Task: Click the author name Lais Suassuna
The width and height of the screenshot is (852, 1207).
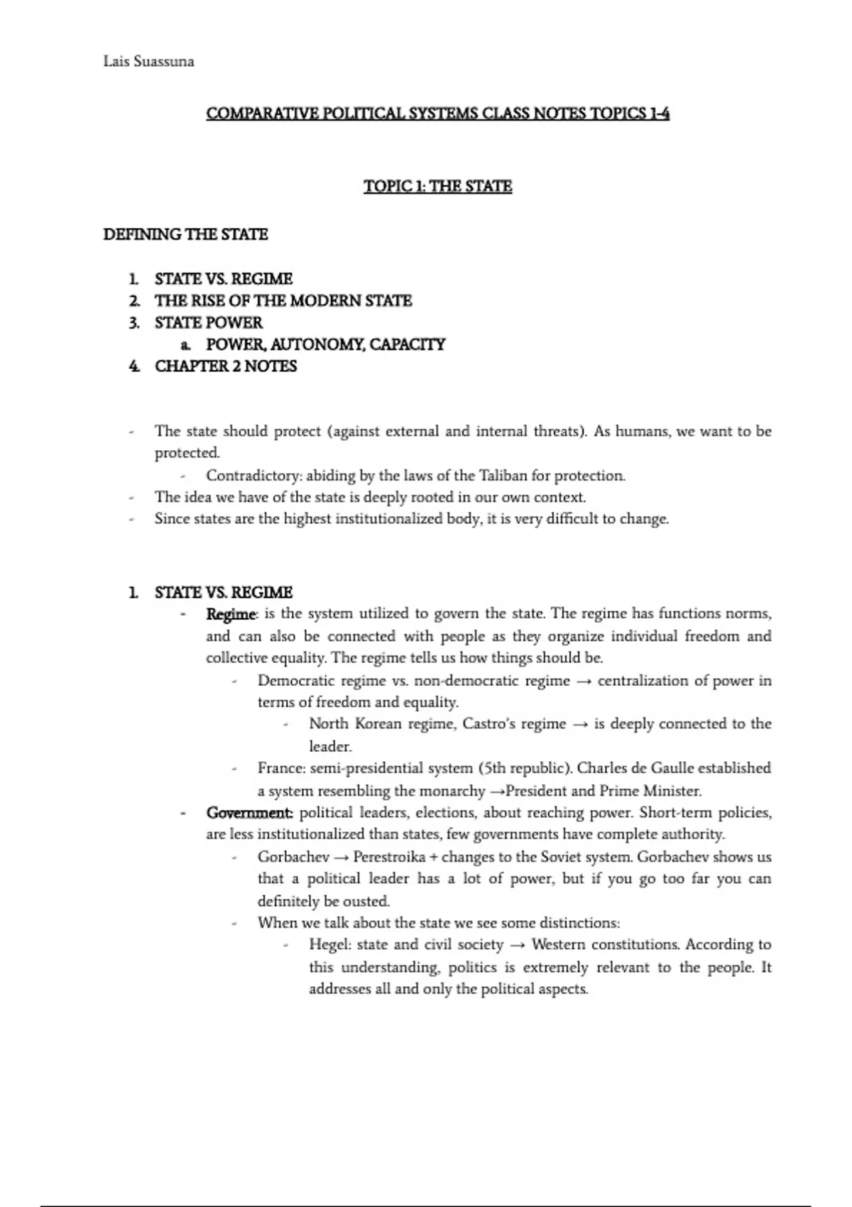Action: pyautogui.click(x=148, y=62)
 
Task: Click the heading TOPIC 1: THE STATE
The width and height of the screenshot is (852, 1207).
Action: pyautogui.click(x=437, y=186)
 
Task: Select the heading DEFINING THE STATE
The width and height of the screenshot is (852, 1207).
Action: pyautogui.click(x=185, y=234)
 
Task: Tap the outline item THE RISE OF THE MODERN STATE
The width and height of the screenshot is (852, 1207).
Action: pyautogui.click(x=283, y=300)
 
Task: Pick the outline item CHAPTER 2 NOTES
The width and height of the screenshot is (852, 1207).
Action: pyautogui.click(x=225, y=366)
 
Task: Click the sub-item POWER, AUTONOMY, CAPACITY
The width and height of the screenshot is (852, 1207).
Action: pyautogui.click(x=325, y=344)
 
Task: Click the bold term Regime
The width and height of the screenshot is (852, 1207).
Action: pyautogui.click(x=231, y=613)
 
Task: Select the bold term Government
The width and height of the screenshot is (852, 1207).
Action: pyautogui.click(x=248, y=812)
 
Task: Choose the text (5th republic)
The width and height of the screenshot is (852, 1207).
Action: pyautogui.click(x=524, y=768)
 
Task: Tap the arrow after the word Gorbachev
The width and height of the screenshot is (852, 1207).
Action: pyautogui.click(x=342, y=857)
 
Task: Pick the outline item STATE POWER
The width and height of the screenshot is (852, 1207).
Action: pyautogui.click(x=209, y=322)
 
